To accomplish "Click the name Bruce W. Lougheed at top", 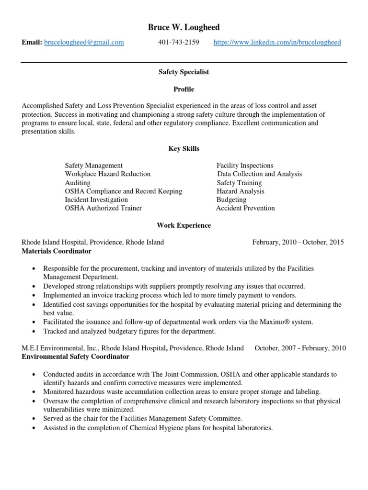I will pyautogui.click(x=184, y=27).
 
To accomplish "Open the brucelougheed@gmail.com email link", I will pyautogui.click(x=84, y=43).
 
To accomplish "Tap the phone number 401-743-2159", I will pyautogui.click(x=178, y=43).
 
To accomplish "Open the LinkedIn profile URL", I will pyautogui.click(x=277, y=43).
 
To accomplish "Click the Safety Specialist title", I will pyautogui.click(x=184, y=72).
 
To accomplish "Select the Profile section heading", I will pyautogui.click(x=184, y=89).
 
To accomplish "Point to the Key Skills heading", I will pyautogui.click(x=184, y=149).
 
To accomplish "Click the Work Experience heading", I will pyautogui.click(x=184, y=225).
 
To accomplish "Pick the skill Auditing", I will pyautogui.click(x=78, y=183).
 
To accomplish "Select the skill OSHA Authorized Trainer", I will pyautogui.click(x=103, y=208).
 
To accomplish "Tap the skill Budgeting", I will pyautogui.click(x=231, y=200).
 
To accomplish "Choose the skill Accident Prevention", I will pyautogui.click(x=245, y=208).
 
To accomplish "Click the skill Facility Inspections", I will pyautogui.click(x=245, y=166).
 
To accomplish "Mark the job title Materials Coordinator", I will pyautogui.click(x=57, y=251).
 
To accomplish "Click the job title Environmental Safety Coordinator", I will pyautogui.click(x=75, y=356).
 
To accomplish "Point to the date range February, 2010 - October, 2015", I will pyautogui.click(x=298, y=242).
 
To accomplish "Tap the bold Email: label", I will pyautogui.click(x=32, y=43).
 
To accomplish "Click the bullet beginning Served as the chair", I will pyautogui.click(x=142, y=419).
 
